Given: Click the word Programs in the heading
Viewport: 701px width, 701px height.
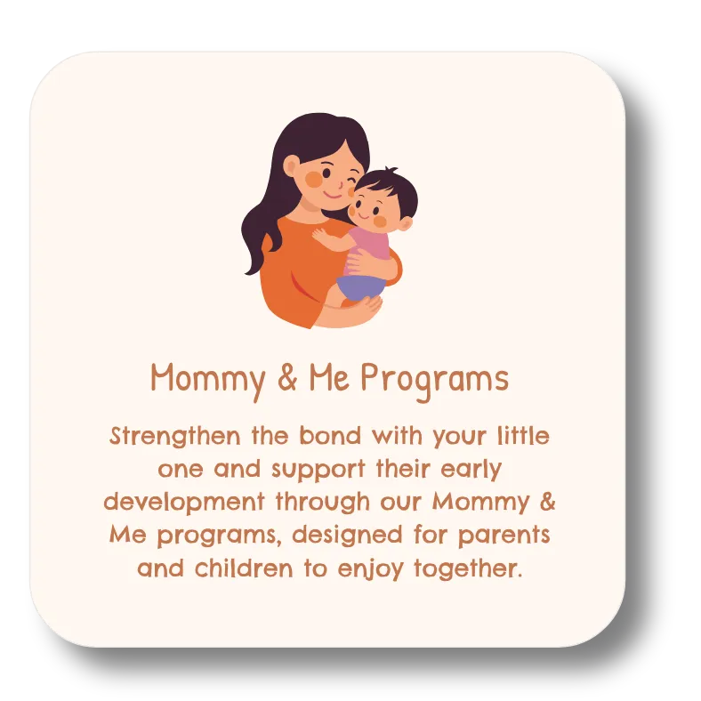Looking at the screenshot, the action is coord(434,381).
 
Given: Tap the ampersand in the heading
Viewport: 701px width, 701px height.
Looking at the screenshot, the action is coord(287,377).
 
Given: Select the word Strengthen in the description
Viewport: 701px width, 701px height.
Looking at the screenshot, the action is coord(174,437).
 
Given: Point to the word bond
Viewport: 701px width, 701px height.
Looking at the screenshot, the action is coord(330,435).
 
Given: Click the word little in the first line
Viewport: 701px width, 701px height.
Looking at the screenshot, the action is coord(523,435).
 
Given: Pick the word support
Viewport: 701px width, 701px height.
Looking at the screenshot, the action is coord(318,470).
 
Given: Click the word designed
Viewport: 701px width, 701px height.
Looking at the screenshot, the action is coord(347,536).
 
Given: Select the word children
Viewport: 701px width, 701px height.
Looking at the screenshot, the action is coord(244,568).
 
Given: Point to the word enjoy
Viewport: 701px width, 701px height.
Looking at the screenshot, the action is coord(371,569).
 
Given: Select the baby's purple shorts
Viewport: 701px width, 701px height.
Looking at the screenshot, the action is coord(360,287).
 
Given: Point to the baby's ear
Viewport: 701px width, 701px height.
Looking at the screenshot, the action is coord(404,223).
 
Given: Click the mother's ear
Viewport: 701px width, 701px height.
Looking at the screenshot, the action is coord(291,165).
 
